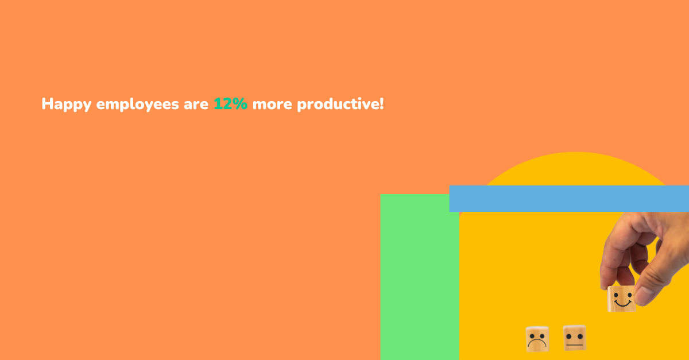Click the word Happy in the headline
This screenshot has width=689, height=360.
tap(67, 104)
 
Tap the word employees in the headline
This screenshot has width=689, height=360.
tap(137, 104)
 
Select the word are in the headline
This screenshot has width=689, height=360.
tap(196, 105)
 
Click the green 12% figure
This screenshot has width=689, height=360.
tap(230, 104)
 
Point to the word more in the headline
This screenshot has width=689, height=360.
tap(272, 105)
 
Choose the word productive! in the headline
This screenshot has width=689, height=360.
tap(340, 104)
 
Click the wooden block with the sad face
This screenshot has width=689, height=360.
tap(537, 339)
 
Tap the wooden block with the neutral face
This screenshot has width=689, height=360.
tap(575, 338)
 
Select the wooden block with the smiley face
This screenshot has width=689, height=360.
tap(621, 299)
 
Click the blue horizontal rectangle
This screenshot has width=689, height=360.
tap(569, 199)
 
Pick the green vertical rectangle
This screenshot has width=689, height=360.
tap(420, 277)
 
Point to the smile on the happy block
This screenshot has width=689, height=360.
tap(622, 304)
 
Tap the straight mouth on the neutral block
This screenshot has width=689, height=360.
tap(575, 345)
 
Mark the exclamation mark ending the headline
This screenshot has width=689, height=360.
tap(382, 104)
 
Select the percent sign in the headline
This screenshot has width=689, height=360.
tap(240, 104)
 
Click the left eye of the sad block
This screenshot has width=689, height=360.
tap(533, 336)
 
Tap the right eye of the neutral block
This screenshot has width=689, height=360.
tap(580, 336)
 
